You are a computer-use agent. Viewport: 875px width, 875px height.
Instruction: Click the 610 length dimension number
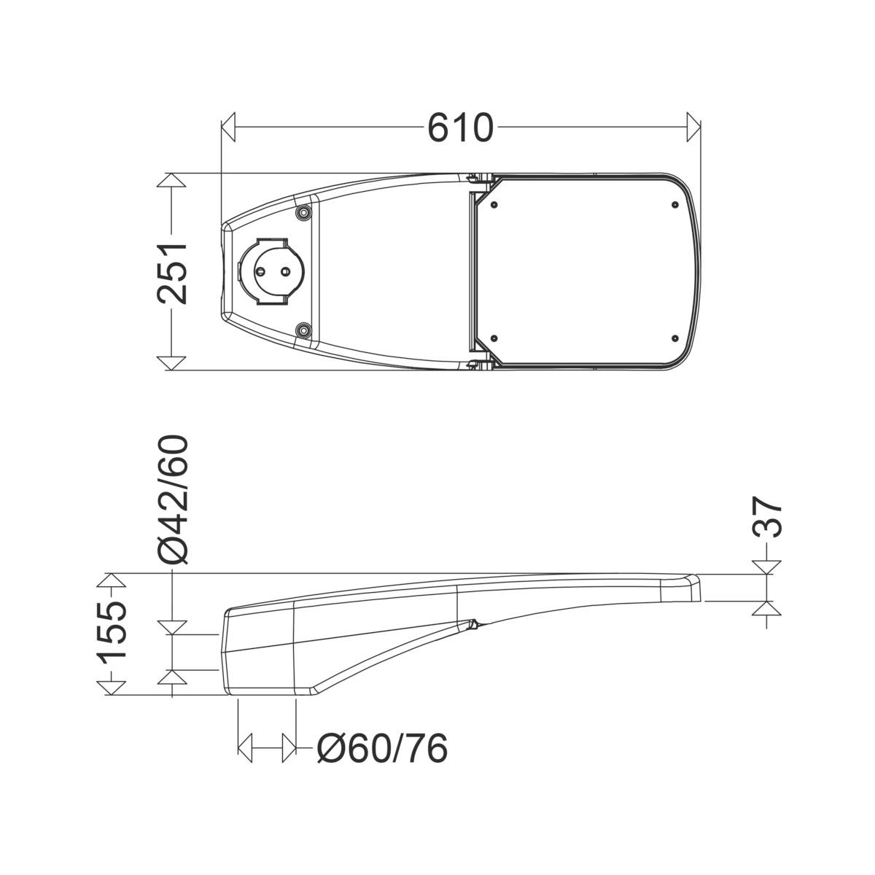point(460,128)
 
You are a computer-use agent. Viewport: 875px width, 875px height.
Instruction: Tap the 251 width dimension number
point(171,273)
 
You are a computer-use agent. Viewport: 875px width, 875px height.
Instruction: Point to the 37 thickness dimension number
point(767,517)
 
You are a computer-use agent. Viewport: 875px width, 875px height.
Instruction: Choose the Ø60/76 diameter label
point(382,749)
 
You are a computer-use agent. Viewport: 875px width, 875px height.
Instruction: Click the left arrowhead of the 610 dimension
point(228,127)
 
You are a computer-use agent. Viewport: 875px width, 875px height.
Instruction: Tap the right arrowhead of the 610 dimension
point(693,127)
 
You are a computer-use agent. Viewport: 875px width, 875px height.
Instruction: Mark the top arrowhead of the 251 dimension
point(171,180)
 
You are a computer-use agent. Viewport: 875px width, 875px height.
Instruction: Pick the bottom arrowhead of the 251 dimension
point(171,363)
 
